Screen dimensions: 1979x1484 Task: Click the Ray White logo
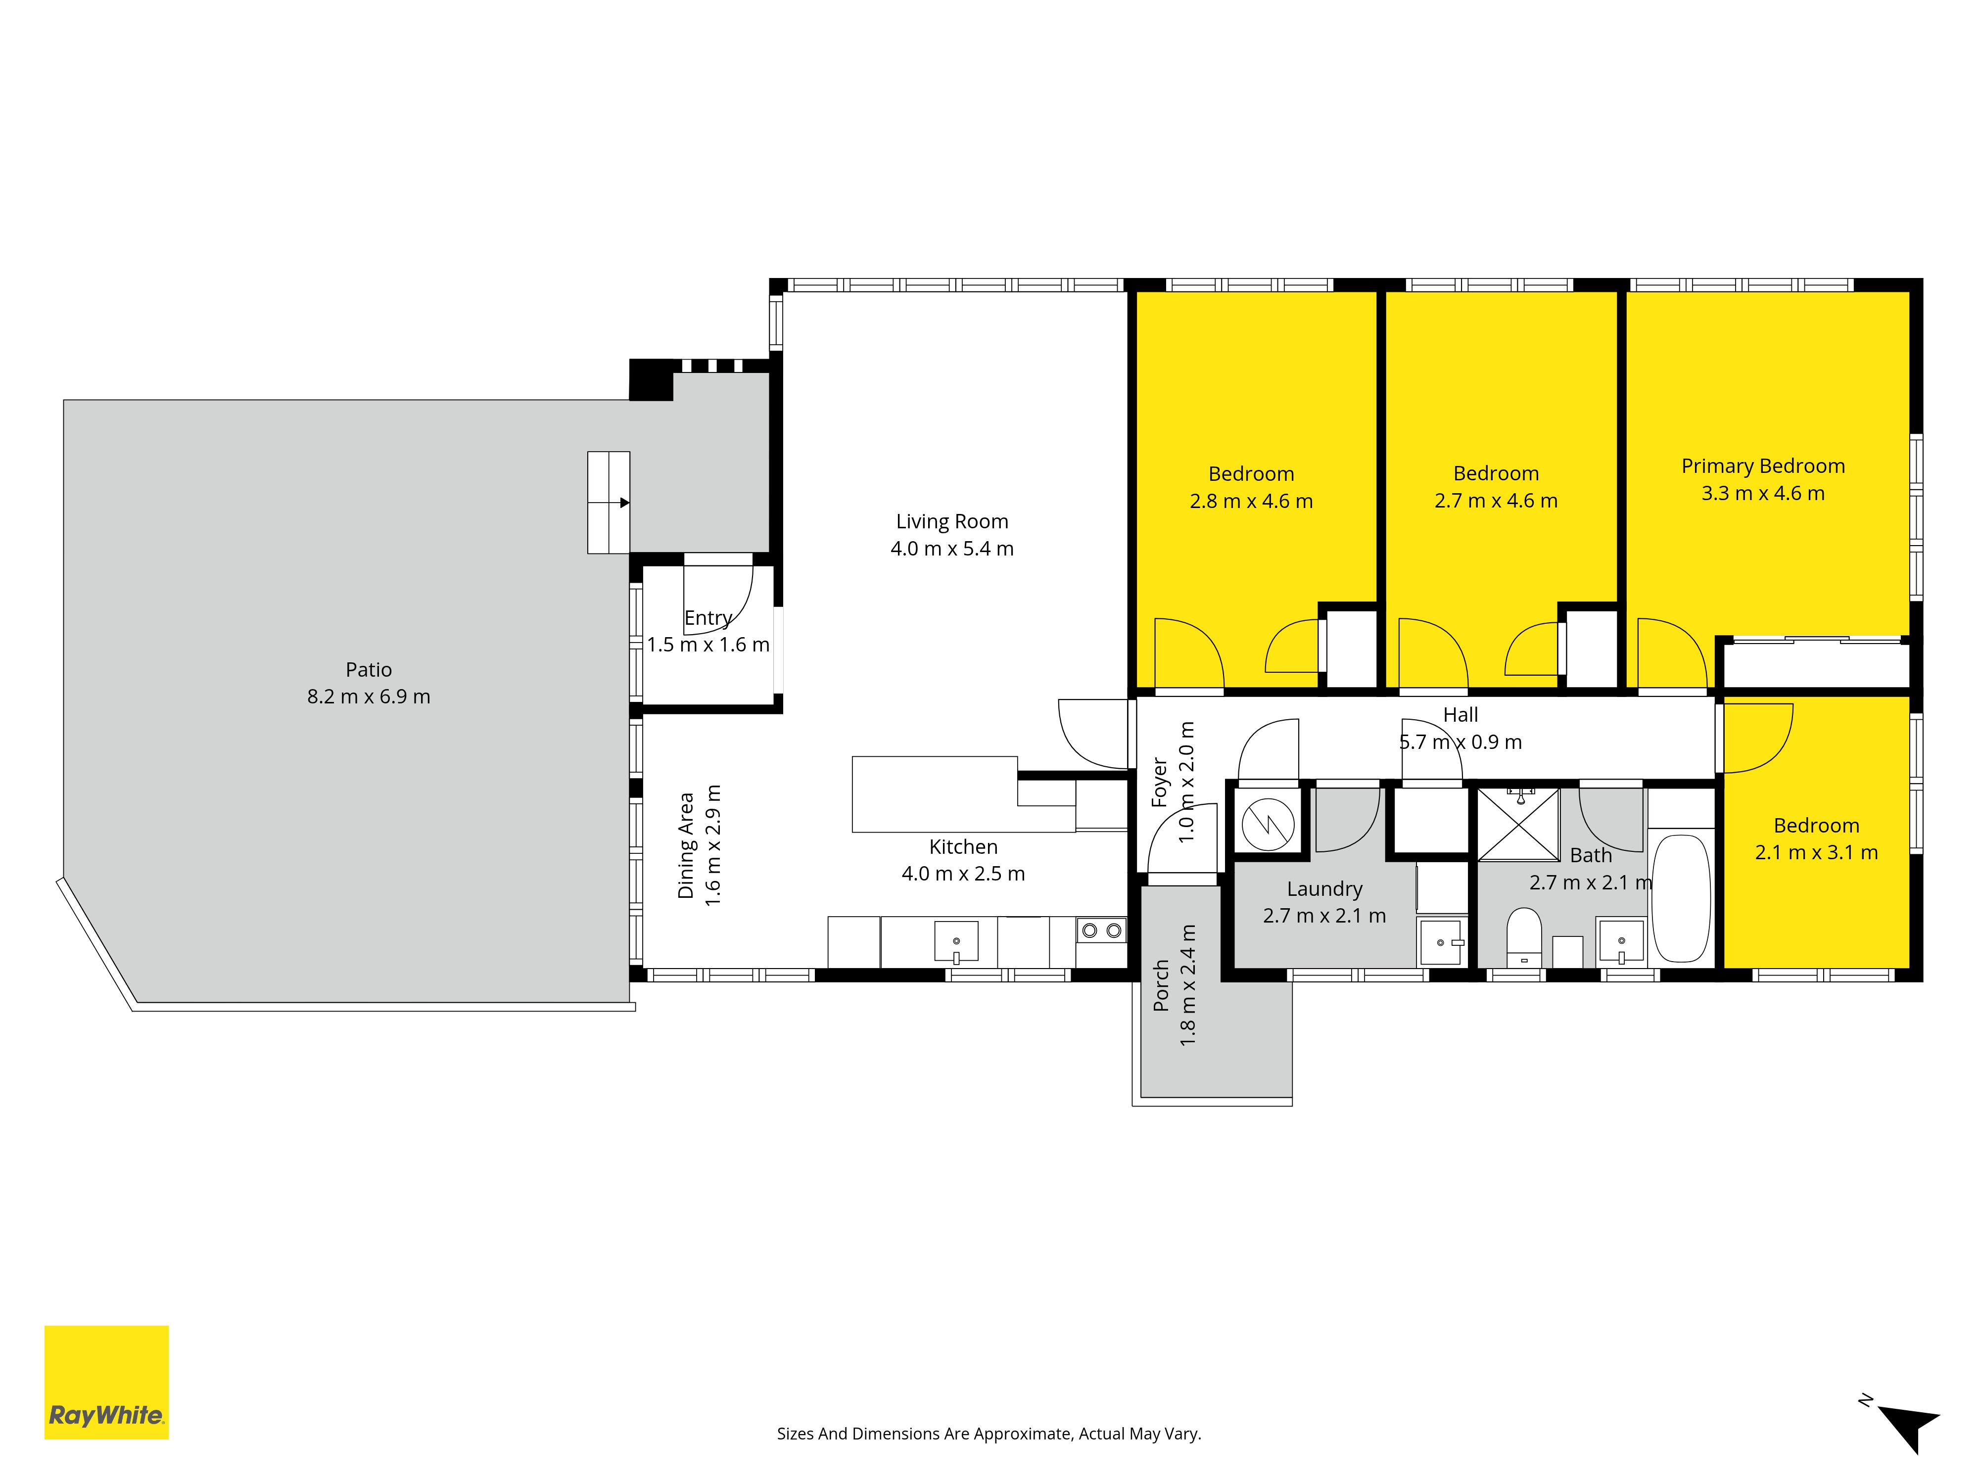[106, 1382]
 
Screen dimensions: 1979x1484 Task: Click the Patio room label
[369, 669]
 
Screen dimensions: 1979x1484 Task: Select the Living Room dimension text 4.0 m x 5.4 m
[952, 548]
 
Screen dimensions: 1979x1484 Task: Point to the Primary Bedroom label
[1762, 466]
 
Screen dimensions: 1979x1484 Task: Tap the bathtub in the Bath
[1681, 898]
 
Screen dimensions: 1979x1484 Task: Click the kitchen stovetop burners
[1101, 930]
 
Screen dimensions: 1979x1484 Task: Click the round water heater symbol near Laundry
[1268, 824]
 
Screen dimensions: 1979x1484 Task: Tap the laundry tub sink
[1441, 942]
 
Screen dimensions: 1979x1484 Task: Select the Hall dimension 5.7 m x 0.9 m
[1460, 742]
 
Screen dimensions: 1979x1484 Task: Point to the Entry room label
[707, 618]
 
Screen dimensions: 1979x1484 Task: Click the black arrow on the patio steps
[624, 503]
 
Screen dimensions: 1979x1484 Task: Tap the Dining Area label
[686, 845]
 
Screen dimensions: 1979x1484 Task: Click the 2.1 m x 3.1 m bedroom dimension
[1816, 852]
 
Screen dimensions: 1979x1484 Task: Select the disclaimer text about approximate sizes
[989, 1434]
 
